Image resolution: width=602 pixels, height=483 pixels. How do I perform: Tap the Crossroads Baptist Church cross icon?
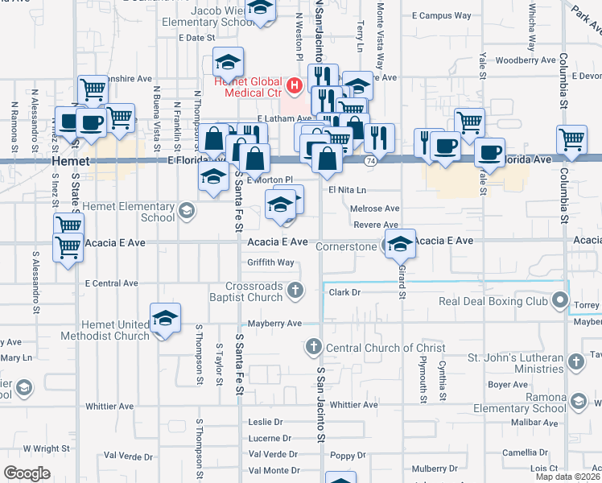[296, 290]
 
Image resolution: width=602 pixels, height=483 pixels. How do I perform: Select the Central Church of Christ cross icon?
[312, 348]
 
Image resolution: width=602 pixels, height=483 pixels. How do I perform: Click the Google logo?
[27, 473]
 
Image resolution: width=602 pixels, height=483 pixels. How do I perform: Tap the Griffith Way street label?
[270, 262]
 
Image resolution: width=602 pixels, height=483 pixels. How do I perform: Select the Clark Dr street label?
[344, 293]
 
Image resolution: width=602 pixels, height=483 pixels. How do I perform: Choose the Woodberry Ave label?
[526, 60]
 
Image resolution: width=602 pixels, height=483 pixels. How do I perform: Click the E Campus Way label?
[442, 15]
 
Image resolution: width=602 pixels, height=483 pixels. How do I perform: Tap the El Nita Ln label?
[347, 190]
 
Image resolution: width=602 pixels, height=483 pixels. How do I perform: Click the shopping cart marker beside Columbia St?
[571, 138]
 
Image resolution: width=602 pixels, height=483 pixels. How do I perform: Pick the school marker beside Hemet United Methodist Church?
[165, 318]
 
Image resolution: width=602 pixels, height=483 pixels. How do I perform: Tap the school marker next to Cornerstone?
[399, 244]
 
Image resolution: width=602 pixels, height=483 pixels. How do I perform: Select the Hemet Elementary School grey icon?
[187, 212]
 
